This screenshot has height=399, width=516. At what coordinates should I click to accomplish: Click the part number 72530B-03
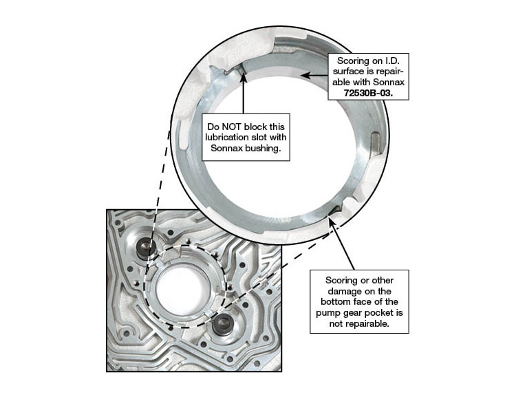point(368,93)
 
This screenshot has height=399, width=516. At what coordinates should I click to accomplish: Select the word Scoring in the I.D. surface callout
point(353,61)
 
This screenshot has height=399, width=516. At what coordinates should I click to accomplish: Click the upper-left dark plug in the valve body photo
point(145,248)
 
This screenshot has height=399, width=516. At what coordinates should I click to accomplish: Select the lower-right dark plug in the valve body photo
point(222,323)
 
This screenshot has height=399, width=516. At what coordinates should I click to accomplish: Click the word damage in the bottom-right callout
point(343,292)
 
